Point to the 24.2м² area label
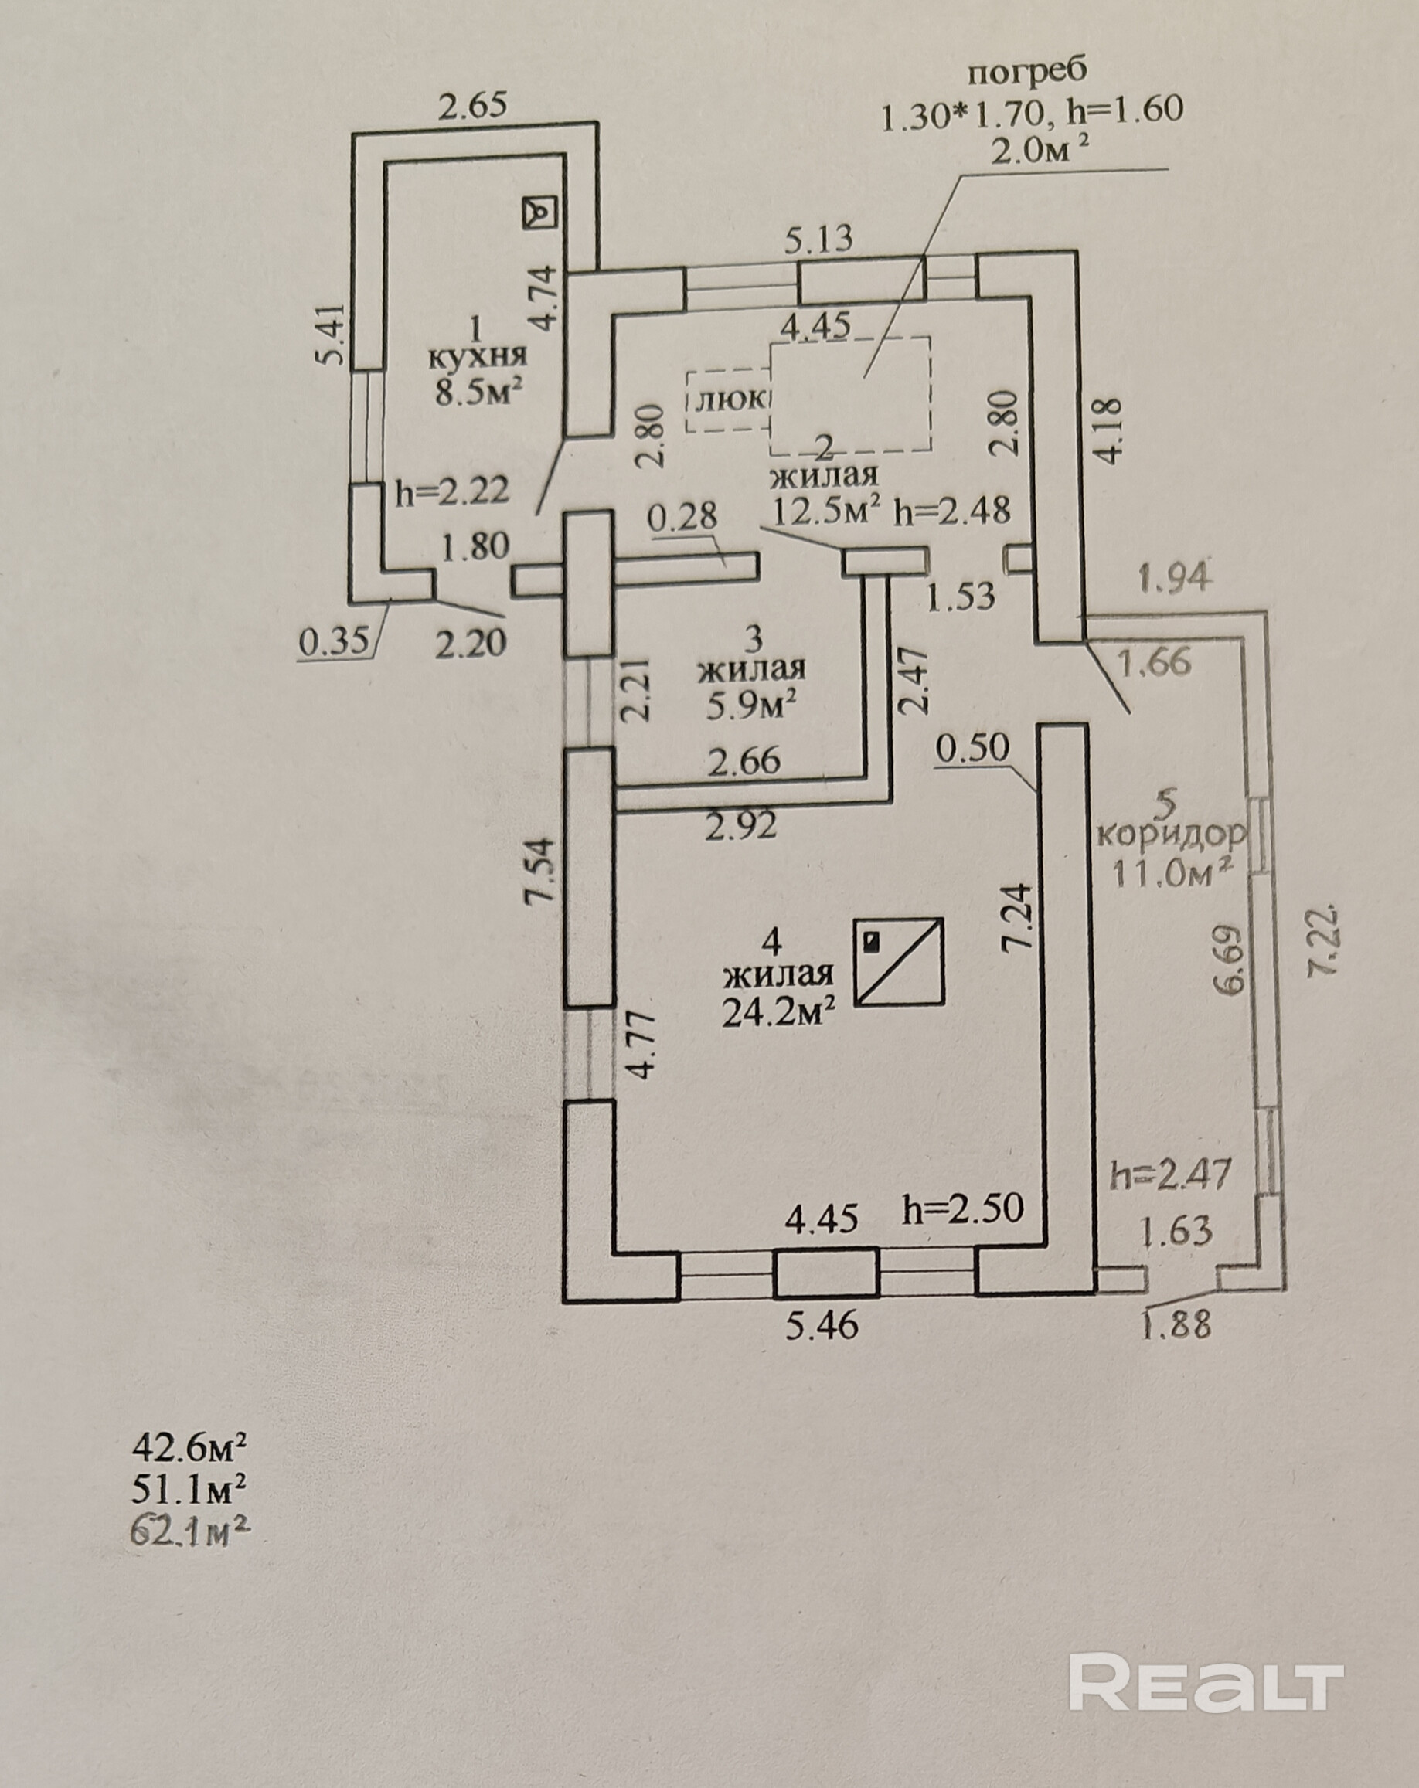click(777, 1012)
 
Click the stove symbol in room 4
click(900, 962)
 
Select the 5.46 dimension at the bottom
click(821, 1325)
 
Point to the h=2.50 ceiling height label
click(963, 1209)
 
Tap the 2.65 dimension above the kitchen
click(472, 106)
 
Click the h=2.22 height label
click(452, 493)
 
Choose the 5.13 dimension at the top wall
click(818, 240)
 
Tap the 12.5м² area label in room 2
click(825, 510)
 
